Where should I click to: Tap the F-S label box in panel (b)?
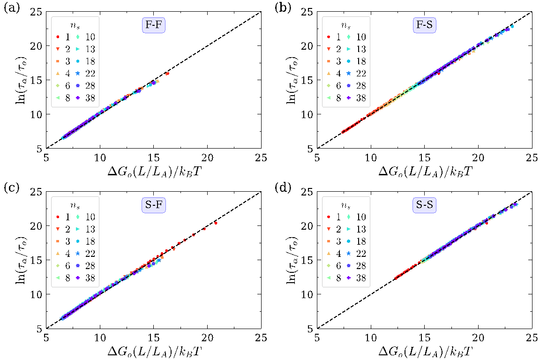coord(425,25)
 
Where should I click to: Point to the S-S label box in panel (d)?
coord(425,204)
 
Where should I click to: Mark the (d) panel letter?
coord(281,187)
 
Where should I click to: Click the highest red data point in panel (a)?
coord(167,74)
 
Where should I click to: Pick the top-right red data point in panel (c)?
coord(216,223)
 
